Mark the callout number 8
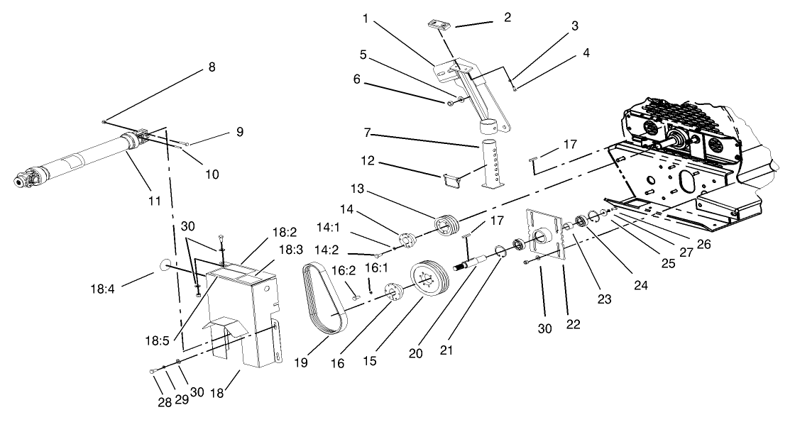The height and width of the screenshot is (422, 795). [x=212, y=67]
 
